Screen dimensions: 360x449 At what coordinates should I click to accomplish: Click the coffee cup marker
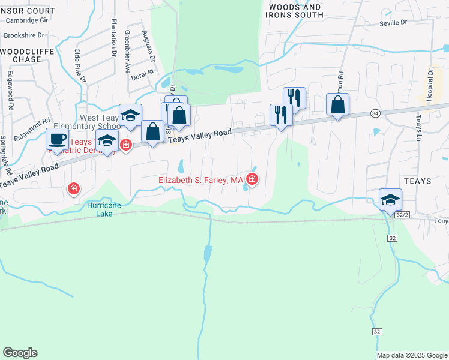pos(58,140)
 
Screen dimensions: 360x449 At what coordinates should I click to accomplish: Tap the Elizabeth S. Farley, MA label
pos(200,180)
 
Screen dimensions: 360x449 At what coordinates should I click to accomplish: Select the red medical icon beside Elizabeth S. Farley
pos(252,178)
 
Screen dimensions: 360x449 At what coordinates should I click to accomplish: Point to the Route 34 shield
pos(375,113)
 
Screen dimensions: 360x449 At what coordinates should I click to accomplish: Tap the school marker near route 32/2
pos(391,199)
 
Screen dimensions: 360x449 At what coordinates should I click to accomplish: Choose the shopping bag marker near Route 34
pos(338,104)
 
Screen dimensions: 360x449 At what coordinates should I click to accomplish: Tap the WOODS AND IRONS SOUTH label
pos(296,11)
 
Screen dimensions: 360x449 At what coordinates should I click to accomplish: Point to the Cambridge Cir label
pos(26,20)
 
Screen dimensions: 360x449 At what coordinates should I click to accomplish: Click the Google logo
pos(20,353)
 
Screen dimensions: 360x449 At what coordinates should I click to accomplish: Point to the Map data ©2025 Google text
pos(412,355)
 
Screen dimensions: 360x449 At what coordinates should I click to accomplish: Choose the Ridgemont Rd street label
pos(33,129)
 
